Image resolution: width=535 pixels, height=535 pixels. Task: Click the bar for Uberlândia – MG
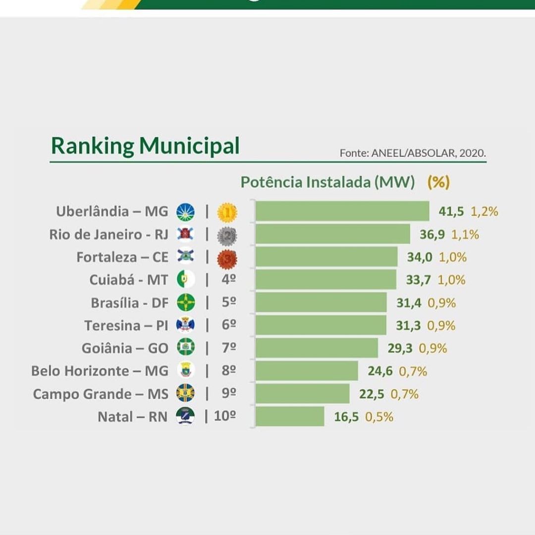click(x=342, y=212)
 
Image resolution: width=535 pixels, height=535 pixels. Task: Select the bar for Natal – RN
click(x=290, y=417)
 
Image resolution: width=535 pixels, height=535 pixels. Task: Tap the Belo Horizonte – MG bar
click(x=307, y=371)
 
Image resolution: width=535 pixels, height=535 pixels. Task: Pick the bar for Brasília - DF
click(x=321, y=303)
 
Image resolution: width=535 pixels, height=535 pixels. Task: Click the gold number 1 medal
click(x=227, y=212)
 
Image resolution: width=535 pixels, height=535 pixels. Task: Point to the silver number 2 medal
click(x=227, y=235)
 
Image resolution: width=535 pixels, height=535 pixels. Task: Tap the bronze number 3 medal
click(x=227, y=258)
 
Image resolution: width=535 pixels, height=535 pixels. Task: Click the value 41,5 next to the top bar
click(x=451, y=212)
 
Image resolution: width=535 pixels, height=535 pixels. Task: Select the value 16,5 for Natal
click(x=346, y=417)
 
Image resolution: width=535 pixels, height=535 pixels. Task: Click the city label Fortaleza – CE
click(x=122, y=258)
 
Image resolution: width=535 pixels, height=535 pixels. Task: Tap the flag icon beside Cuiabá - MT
click(x=186, y=280)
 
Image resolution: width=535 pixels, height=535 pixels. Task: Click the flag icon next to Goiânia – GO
click(x=186, y=348)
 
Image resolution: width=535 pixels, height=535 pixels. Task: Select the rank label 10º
click(x=224, y=417)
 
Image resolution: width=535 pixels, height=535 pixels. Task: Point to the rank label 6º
click(x=228, y=325)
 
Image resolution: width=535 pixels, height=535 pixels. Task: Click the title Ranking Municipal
click(x=145, y=146)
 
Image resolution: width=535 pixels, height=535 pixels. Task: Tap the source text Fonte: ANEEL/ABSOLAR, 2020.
click(x=413, y=153)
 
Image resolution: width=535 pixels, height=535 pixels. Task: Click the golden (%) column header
click(x=438, y=182)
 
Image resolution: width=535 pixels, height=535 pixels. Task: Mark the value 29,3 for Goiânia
click(x=400, y=349)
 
